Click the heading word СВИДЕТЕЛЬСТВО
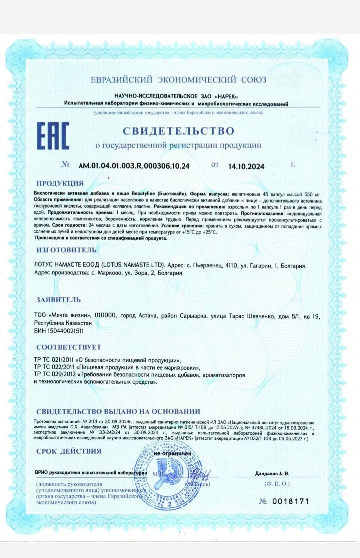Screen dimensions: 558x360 179,131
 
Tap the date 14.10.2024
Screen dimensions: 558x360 246,166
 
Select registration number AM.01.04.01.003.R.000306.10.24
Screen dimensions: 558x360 134,165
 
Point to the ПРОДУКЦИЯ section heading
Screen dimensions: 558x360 60,183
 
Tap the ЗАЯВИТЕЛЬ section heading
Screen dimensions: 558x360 58,300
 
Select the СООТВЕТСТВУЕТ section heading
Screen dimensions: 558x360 68,347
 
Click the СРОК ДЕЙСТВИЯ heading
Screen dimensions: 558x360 69,451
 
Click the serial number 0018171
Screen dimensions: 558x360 292,501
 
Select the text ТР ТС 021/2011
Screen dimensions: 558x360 55,360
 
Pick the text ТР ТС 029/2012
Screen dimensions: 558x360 55,374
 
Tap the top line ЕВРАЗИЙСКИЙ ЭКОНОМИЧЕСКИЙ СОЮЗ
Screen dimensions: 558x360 178,80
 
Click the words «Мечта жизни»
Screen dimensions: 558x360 70,316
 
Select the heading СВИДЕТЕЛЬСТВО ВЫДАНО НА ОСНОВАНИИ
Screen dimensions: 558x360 118,411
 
